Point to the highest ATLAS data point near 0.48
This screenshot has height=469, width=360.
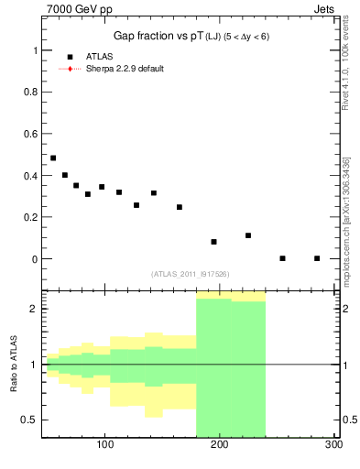(x=53, y=158)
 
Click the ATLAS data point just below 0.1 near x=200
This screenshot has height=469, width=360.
(x=213, y=242)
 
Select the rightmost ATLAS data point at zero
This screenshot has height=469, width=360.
(x=317, y=258)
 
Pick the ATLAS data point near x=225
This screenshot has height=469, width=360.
(x=248, y=235)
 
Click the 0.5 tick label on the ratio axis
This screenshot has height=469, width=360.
(x=31, y=420)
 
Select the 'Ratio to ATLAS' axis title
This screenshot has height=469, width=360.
(x=15, y=364)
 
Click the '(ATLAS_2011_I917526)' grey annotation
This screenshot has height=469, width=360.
(x=190, y=274)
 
